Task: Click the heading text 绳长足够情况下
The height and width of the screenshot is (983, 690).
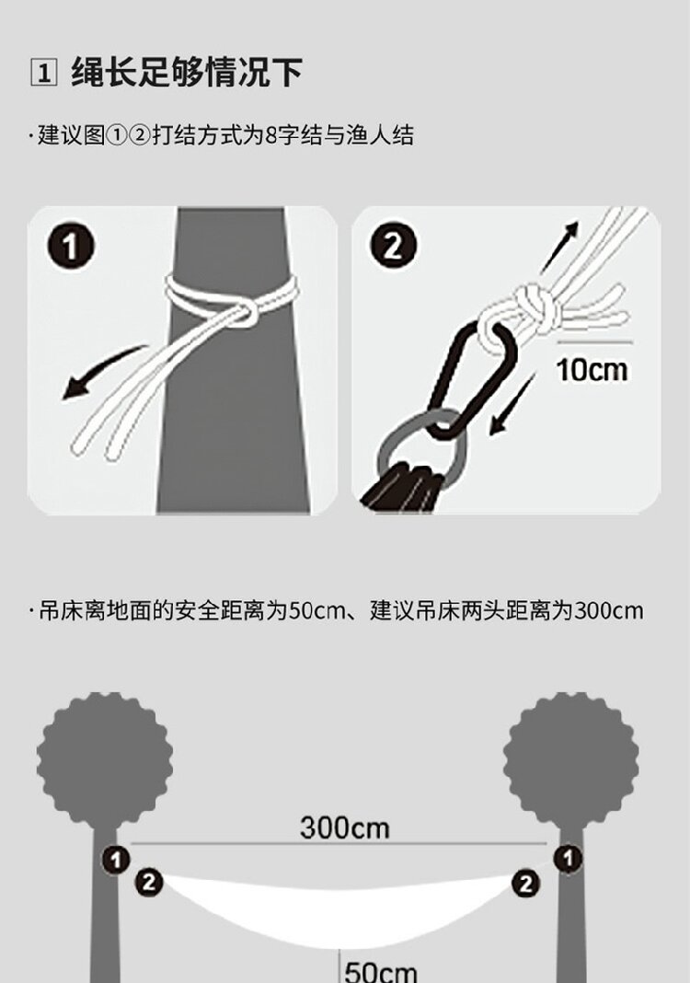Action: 187,72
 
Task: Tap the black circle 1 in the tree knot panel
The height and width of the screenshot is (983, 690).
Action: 71,247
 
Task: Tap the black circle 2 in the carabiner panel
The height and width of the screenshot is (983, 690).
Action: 393,245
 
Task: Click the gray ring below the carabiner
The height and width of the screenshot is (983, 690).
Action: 420,449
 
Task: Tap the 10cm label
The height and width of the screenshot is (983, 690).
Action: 592,370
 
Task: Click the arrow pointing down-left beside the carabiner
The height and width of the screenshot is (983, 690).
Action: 510,404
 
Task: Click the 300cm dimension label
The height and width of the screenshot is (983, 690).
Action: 345,827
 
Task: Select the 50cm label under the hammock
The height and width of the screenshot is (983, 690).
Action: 380,971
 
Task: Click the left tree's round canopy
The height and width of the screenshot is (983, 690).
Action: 105,757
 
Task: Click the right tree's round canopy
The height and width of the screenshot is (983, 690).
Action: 571,757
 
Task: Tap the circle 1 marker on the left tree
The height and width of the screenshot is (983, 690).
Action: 116,860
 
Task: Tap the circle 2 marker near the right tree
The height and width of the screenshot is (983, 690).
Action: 526,884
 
